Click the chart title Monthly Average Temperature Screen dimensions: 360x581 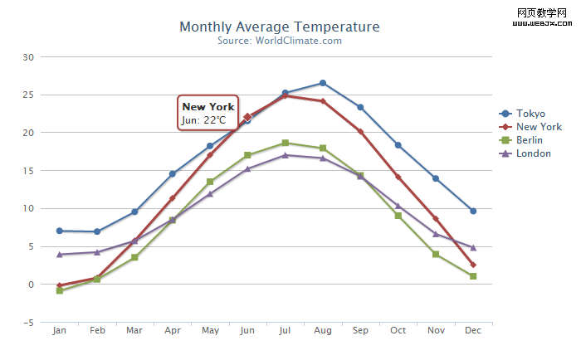point(279,27)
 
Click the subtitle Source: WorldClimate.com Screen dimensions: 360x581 point(279,41)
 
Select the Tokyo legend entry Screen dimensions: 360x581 point(530,114)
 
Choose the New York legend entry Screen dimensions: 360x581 point(539,127)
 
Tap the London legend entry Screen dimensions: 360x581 point(533,153)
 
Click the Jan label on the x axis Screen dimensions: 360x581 point(59,331)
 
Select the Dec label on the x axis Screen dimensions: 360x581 point(473,331)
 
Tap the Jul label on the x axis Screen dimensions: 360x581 point(285,331)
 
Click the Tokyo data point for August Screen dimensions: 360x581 point(323,83)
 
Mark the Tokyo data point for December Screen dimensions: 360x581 point(473,211)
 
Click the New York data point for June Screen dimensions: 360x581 point(247,117)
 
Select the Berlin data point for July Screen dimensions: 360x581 point(285,143)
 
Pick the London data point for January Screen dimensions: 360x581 point(59,255)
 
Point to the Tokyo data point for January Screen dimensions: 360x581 point(59,231)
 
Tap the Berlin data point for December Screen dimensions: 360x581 point(473,276)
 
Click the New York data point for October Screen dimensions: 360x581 point(398,177)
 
